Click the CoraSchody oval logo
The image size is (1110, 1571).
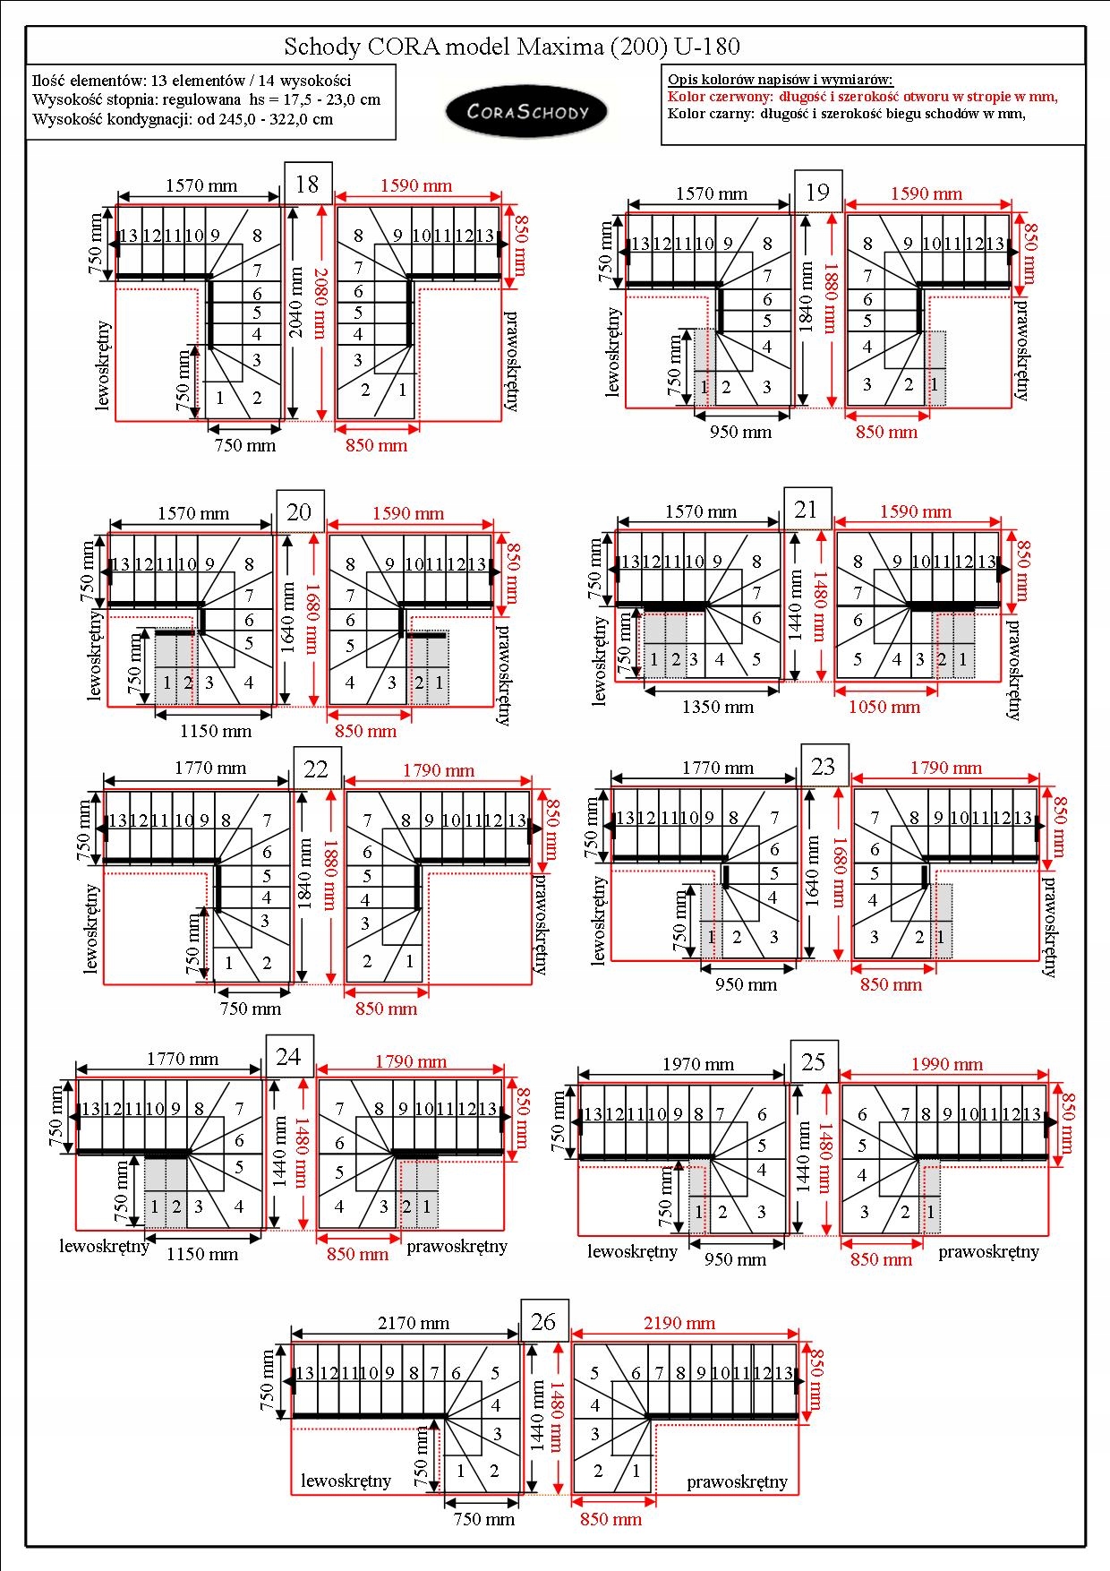pos(527,112)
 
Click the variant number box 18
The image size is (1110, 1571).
pos(308,184)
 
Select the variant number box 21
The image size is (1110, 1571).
pos(807,510)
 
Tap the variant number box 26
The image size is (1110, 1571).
pos(544,1321)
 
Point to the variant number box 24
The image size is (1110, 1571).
pos(289,1056)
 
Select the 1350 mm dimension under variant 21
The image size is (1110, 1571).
pos(718,707)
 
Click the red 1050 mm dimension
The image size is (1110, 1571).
pos(884,707)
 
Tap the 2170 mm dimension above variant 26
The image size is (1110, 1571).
pos(414,1323)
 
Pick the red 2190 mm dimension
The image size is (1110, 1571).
pos(679,1323)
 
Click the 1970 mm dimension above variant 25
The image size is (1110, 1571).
pos(698,1064)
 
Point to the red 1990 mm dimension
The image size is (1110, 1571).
pos(947,1064)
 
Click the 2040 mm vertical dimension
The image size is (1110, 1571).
pos(296,302)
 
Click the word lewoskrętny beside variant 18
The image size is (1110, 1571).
pos(102,365)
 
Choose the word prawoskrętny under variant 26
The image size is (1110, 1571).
pos(737,1481)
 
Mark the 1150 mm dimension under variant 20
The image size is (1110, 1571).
pos(216,731)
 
